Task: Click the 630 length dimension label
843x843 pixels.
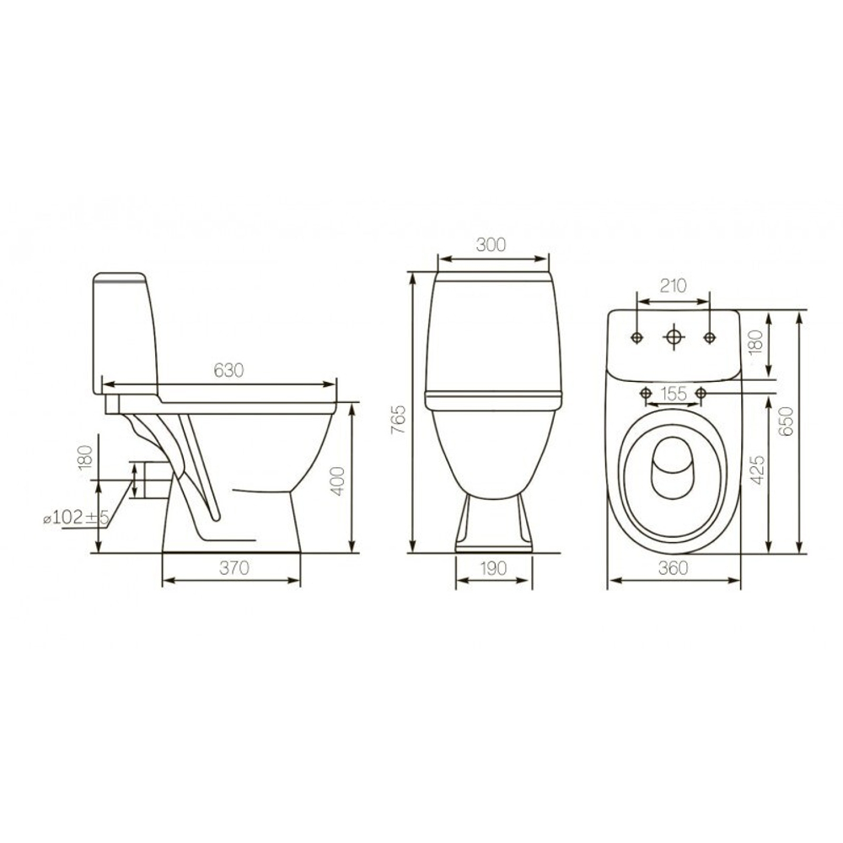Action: coord(229,370)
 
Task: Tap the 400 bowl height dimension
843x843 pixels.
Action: coord(338,481)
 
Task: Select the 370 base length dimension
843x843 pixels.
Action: coord(234,567)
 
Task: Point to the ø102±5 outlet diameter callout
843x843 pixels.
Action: coord(76,518)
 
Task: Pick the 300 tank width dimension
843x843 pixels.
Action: coord(491,244)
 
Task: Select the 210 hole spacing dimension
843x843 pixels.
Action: coord(673,286)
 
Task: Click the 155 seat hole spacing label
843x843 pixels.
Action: coord(674,394)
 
